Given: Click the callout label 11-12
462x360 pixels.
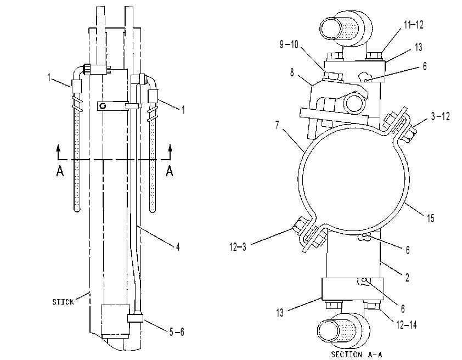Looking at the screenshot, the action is tap(413, 25).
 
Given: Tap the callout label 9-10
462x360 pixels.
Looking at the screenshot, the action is tap(289, 45).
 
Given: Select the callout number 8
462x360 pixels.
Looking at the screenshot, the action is tap(292, 72).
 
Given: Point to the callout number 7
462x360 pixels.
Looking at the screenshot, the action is tap(277, 125).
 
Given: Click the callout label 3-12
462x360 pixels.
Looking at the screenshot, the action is tap(440, 116).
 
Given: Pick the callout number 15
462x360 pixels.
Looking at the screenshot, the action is tap(431, 218).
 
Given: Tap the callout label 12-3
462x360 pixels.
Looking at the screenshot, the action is tap(238, 246).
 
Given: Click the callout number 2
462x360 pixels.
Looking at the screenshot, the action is tap(407, 277).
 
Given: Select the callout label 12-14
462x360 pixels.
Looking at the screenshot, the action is tap(407, 325).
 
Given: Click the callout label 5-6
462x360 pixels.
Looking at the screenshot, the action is tap(177, 332).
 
